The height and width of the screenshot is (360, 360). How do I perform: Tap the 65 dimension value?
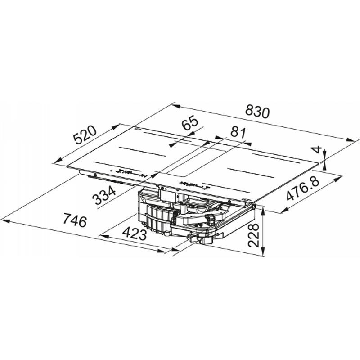tap(189, 122)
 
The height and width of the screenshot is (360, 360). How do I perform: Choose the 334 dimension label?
tap(104, 195)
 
